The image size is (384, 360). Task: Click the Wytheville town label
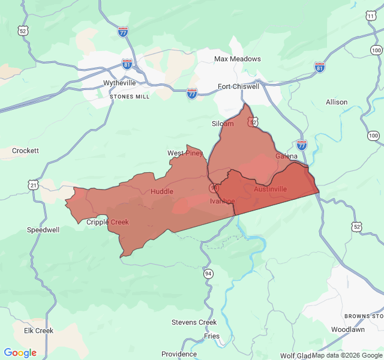pos(119,83)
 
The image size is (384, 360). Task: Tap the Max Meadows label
pos(238,59)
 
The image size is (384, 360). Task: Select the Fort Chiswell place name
pos(238,86)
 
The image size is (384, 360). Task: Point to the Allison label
pos(337,102)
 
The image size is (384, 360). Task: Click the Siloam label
pos(223,124)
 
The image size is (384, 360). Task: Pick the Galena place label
pos(286,156)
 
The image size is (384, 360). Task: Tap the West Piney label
pos(185,153)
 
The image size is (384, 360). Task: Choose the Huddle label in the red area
pos(162,191)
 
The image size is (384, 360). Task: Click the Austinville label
pos(270,189)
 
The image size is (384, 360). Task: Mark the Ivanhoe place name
pos(222,201)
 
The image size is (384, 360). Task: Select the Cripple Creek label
pos(107,222)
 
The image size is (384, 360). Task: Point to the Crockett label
pos(25,151)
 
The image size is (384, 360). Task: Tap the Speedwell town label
pos(43,230)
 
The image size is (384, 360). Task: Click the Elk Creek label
pos(38,331)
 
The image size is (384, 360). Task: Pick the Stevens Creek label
pos(194,322)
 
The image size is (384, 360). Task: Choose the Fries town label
pos(211,336)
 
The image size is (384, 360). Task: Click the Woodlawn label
pos(347,329)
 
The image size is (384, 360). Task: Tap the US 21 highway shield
pos(34,186)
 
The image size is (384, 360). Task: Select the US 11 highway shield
pos(371,17)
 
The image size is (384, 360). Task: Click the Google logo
pos(20,353)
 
